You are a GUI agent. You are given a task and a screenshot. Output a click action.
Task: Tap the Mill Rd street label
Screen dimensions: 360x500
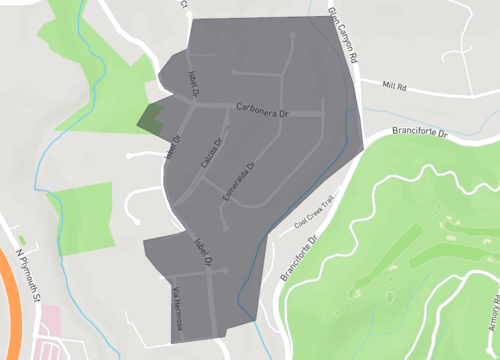[x=394, y=86]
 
